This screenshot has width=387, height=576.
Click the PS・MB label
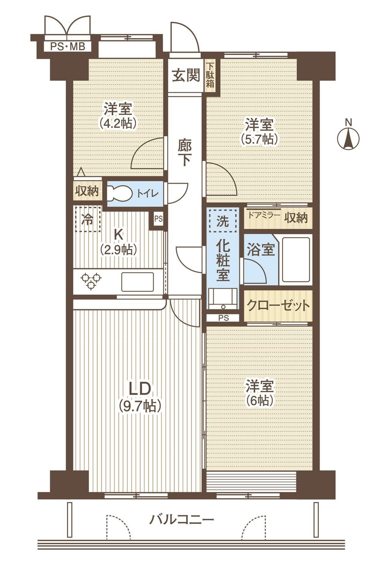[x=67, y=47]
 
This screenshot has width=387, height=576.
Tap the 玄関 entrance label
[x=186, y=75]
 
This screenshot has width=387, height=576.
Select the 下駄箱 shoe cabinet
[x=210, y=75]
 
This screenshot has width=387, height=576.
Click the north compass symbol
[x=348, y=139]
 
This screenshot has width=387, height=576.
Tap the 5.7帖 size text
[x=259, y=139]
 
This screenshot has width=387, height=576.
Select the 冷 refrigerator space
[x=88, y=219]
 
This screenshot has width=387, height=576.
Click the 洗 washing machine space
[x=223, y=221]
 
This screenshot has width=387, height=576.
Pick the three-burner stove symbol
[x=91, y=281]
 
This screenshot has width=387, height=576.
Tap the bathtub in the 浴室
[x=296, y=260]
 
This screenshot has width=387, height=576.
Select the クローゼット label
[x=278, y=305]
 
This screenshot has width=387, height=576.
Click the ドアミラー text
[x=263, y=215]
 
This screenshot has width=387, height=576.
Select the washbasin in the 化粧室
[x=223, y=298]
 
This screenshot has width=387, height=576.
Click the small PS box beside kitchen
[x=158, y=219]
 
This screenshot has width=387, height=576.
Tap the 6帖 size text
[x=259, y=401]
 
